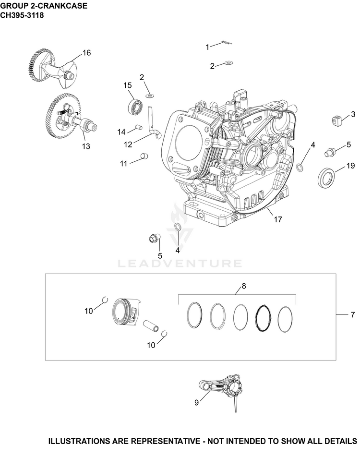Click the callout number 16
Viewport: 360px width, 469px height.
86,53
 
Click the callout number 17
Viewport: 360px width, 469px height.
278,219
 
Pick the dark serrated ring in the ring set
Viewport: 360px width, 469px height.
263,318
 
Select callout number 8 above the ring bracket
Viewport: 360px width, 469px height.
244,286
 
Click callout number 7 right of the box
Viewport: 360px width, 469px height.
352,314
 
